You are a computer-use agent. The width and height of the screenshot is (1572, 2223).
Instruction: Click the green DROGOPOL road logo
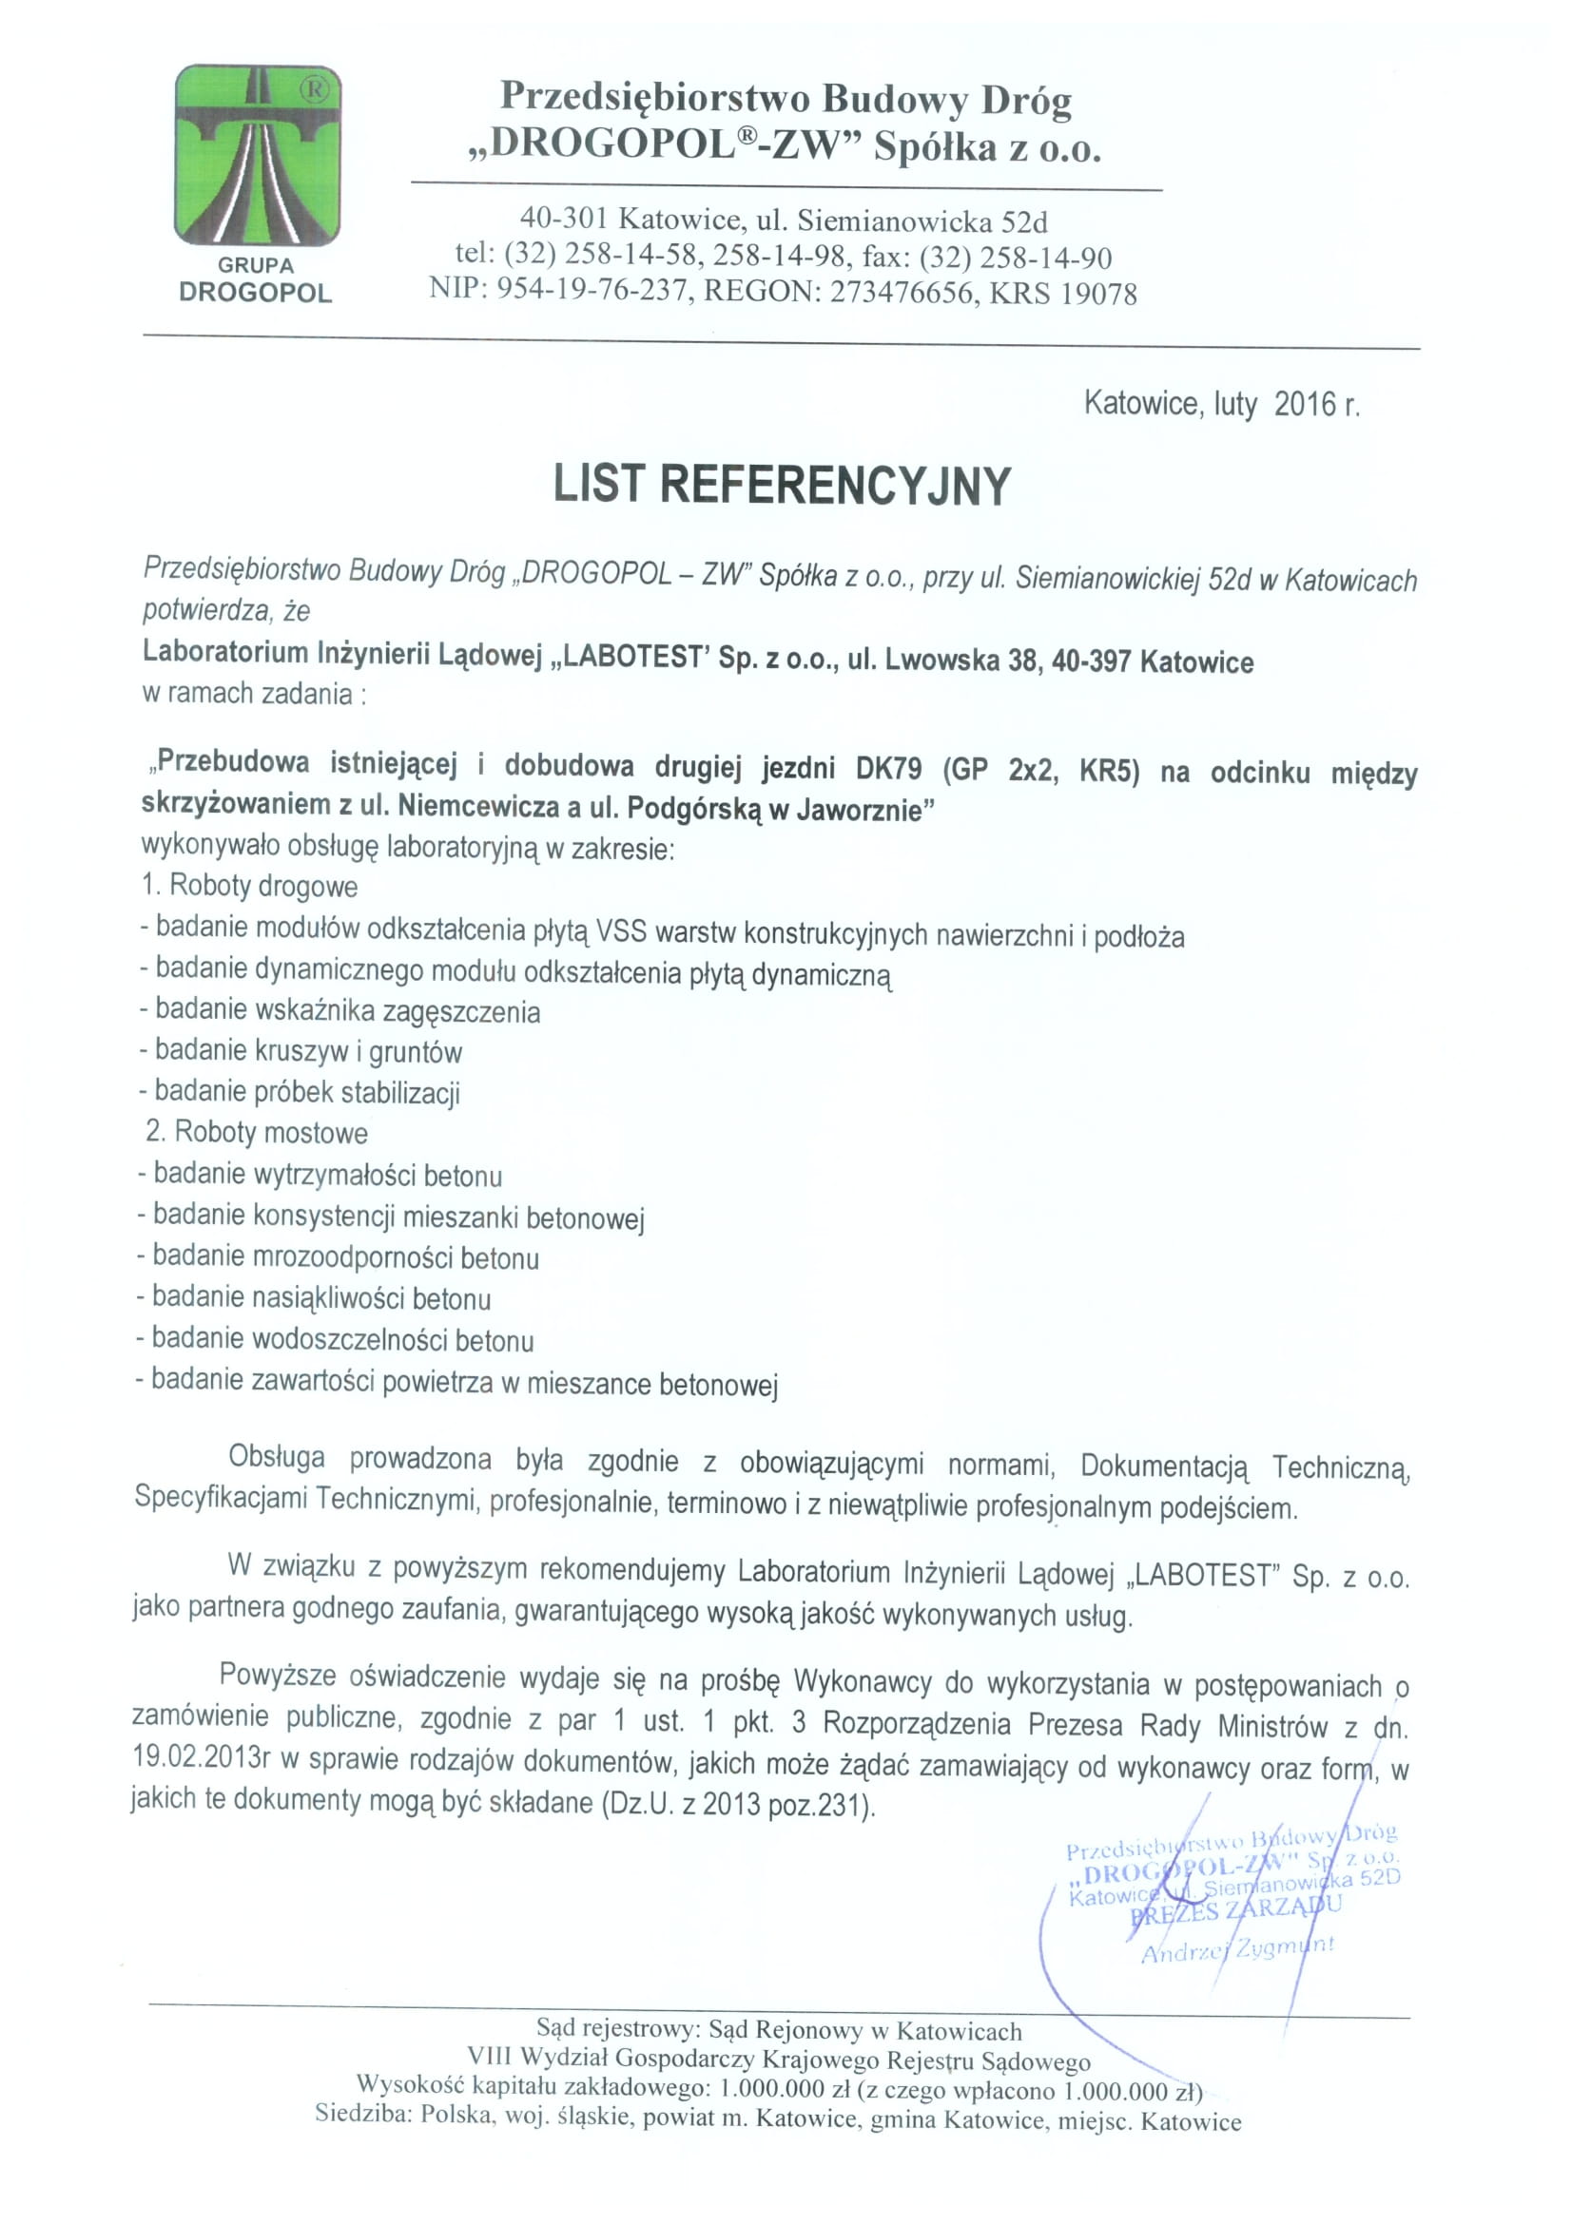[x=257, y=155]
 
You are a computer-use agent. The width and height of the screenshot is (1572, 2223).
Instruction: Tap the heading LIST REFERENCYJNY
[x=782, y=485]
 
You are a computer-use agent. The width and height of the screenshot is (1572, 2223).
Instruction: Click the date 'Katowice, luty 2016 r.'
[x=1221, y=404]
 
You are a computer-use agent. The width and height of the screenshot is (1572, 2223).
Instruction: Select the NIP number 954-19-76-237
[x=594, y=293]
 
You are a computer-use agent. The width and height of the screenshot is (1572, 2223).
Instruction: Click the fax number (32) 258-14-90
[x=1015, y=258]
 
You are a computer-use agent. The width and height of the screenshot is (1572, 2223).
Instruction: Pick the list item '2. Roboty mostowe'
[x=257, y=1133]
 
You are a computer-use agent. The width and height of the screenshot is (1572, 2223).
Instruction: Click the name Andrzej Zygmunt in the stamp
[x=1237, y=1948]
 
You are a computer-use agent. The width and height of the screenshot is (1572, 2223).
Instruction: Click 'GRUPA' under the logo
[x=256, y=265]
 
